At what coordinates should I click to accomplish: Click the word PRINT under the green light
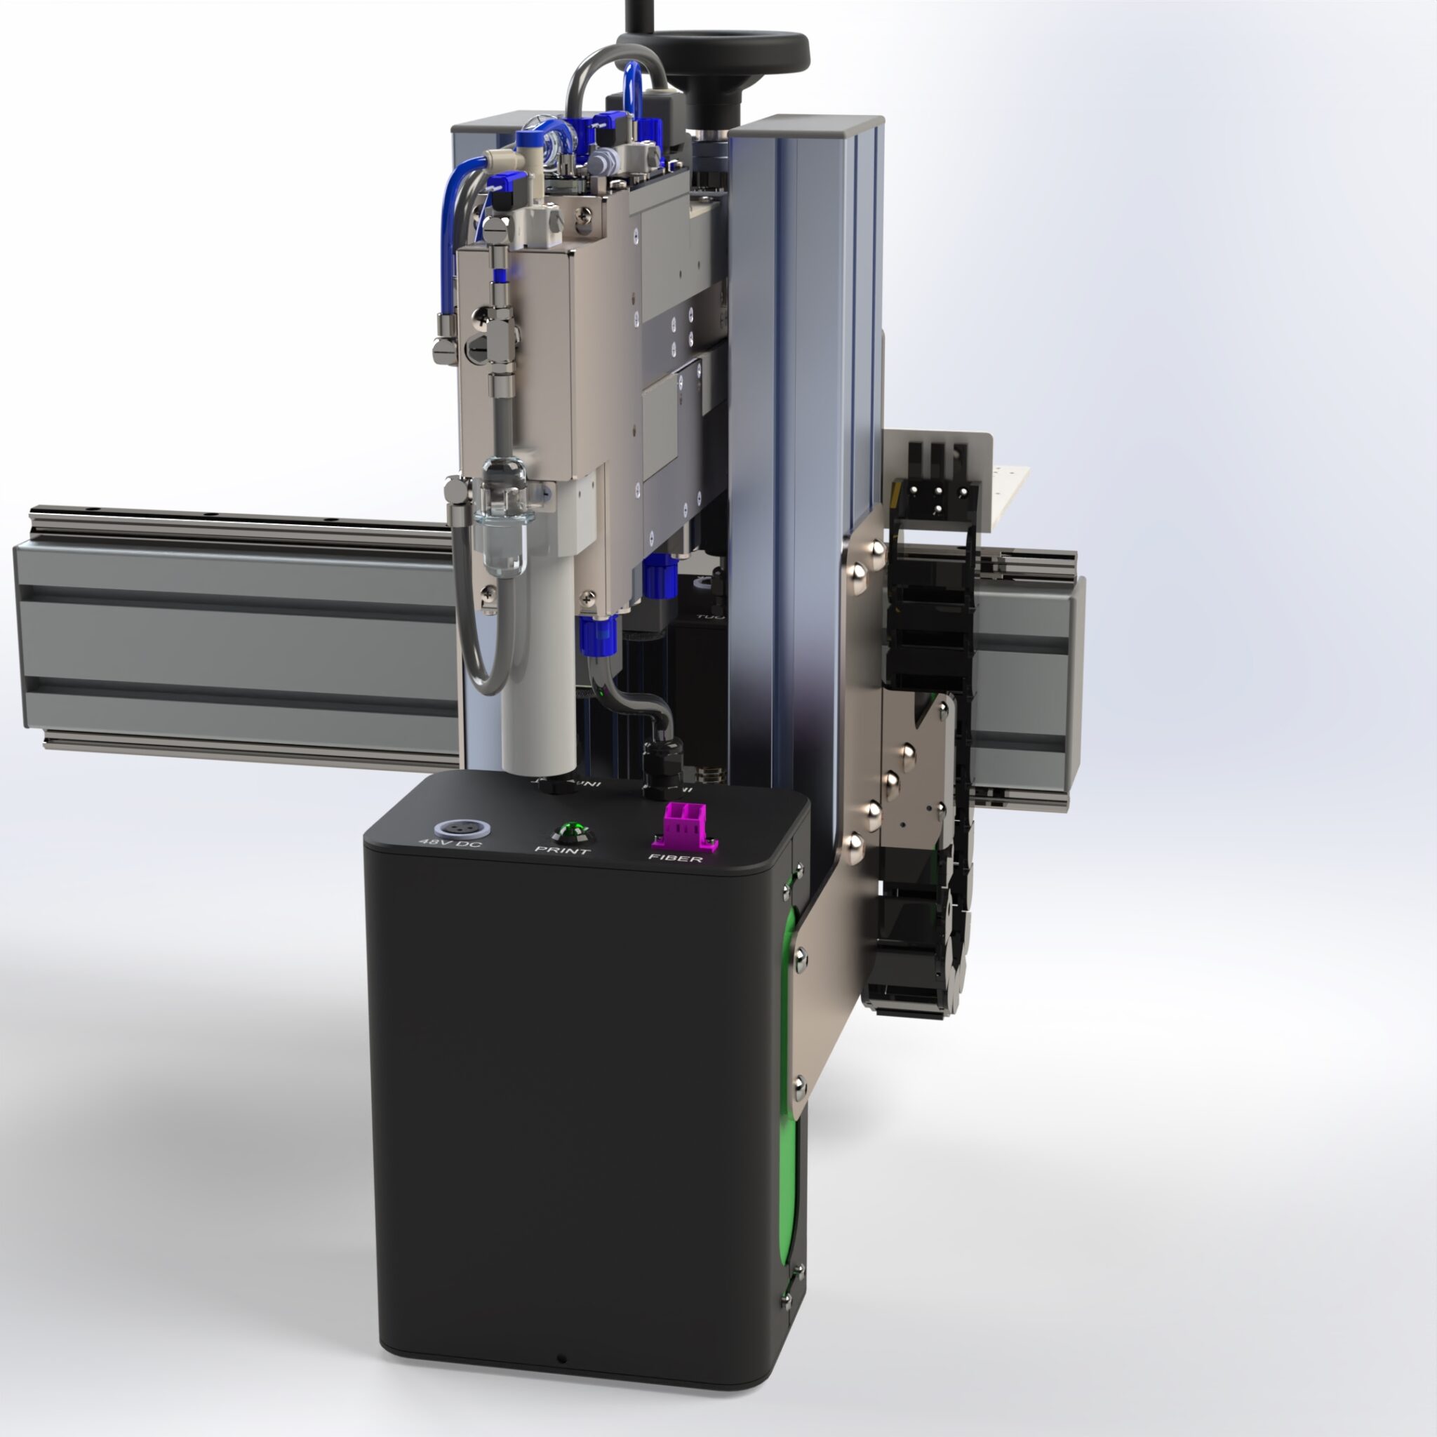(x=563, y=850)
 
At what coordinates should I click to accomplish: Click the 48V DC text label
(x=450, y=844)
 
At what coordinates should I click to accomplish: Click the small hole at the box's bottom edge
(x=561, y=1360)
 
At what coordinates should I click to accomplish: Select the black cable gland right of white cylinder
(x=659, y=770)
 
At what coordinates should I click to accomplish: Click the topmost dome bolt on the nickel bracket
(x=876, y=549)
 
